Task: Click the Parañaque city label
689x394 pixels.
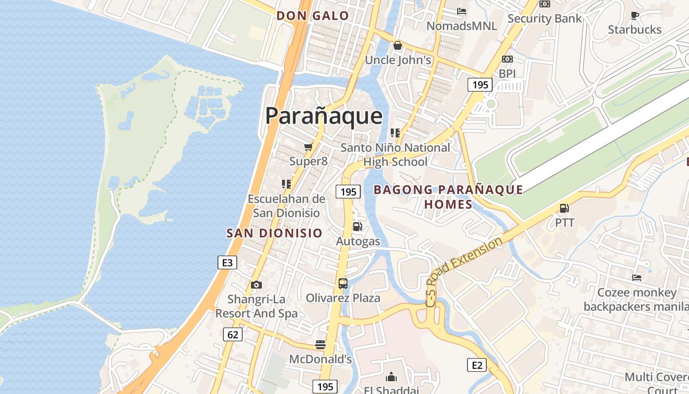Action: click(x=324, y=116)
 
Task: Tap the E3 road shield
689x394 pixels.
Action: click(x=227, y=263)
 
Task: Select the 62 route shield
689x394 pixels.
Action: click(x=232, y=335)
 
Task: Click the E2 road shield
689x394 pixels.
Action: click(x=476, y=365)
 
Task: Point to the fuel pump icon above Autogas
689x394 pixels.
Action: click(x=358, y=227)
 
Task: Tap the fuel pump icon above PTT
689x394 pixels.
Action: click(x=564, y=208)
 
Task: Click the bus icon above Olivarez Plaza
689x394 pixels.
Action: click(x=343, y=284)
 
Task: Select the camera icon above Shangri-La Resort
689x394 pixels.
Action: click(x=256, y=285)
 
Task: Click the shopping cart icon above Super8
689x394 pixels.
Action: click(x=308, y=147)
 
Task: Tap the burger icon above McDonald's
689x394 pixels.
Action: click(x=320, y=344)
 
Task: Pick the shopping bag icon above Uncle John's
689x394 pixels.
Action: click(x=398, y=46)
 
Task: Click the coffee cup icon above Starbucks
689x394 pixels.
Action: click(x=635, y=15)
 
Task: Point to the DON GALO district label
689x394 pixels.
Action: click(x=313, y=16)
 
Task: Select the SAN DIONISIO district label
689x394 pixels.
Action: click(x=274, y=233)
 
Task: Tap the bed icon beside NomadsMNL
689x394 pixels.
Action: click(x=462, y=11)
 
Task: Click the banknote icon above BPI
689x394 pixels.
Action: click(x=507, y=59)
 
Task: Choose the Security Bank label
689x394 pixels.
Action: click(x=544, y=19)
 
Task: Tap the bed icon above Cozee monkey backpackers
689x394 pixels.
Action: click(x=637, y=278)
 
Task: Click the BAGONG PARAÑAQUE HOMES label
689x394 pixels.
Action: click(x=448, y=197)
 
